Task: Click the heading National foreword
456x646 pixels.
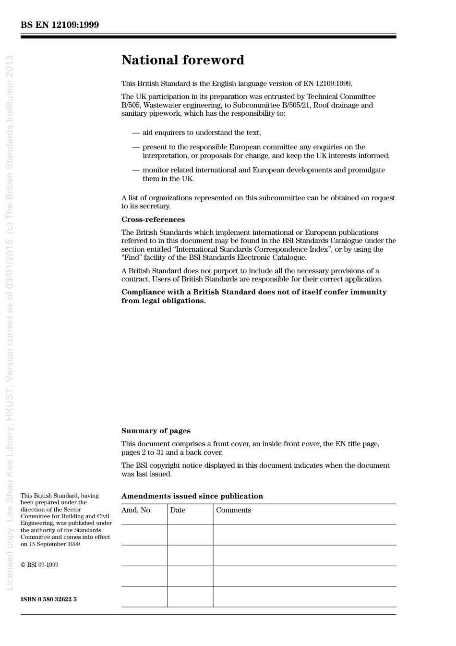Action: [x=182, y=60]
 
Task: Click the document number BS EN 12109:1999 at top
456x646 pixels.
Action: [x=60, y=25]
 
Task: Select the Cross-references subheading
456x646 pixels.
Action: [x=153, y=219]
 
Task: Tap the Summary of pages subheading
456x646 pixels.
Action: [x=156, y=431]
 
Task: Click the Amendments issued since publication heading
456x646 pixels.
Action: [x=192, y=496]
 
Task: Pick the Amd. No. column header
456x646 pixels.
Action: [x=136, y=510]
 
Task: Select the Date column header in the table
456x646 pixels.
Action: [x=178, y=510]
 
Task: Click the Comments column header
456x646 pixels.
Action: [x=233, y=510]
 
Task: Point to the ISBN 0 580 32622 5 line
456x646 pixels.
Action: [x=48, y=599]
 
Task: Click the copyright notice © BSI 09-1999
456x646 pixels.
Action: [x=39, y=565]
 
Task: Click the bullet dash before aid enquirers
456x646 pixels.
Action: [x=135, y=133]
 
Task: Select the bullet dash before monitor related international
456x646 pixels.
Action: [x=135, y=170]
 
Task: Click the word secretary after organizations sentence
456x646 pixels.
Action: [x=155, y=206]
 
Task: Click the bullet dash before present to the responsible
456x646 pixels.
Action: [x=135, y=147]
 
